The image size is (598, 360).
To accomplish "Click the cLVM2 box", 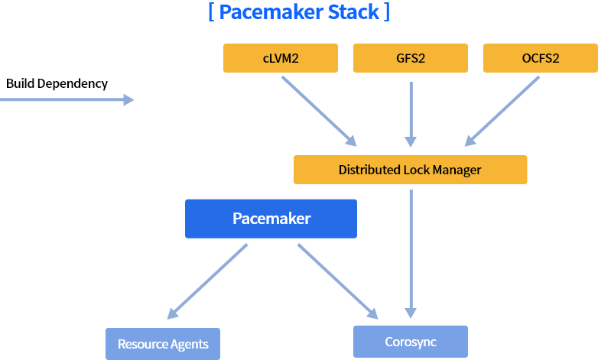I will (x=280, y=58).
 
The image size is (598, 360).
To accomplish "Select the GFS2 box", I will (x=410, y=58).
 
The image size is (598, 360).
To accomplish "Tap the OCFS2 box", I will (x=540, y=58).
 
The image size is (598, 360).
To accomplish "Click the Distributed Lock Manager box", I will (x=410, y=170).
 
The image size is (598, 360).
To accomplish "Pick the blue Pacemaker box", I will (x=271, y=219).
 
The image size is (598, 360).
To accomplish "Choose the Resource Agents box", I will (x=163, y=344).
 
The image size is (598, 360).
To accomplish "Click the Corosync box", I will (x=410, y=342).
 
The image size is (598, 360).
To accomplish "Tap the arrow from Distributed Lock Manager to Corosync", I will (x=411, y=252).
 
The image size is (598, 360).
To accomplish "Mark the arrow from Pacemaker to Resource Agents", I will (x=207, y=281).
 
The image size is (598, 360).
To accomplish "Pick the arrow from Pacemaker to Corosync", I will (x=337, y=281).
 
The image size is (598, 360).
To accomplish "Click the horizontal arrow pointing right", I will (x=67, y=99).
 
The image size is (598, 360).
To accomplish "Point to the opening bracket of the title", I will (x=211, y=13).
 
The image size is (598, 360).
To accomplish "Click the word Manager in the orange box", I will (x=457, y=170).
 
